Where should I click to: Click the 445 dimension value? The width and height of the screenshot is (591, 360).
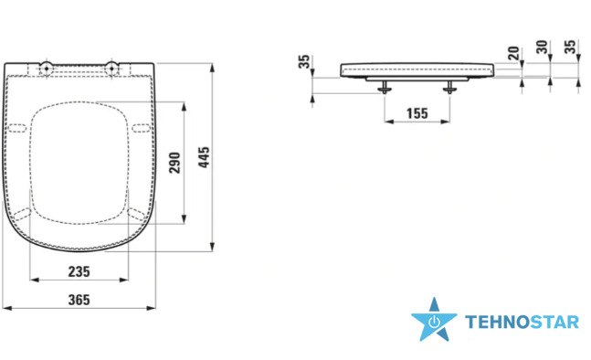tap(204, 157)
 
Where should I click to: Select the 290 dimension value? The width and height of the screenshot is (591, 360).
tap(174, 163)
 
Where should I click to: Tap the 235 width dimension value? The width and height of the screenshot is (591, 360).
tap(79, 271)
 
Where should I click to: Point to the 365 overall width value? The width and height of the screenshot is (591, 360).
tap(79, 300)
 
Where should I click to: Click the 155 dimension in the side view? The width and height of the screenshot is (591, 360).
tap(417, 113)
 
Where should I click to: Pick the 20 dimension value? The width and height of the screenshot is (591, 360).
tap(513, 53)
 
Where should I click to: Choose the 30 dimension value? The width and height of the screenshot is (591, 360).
tap(542, 48)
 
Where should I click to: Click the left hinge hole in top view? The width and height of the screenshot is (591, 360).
tap(47, 69)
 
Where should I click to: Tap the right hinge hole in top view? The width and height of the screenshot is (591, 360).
tap(111, 69)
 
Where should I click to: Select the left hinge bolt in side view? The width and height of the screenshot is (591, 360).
tap(385, 87)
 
